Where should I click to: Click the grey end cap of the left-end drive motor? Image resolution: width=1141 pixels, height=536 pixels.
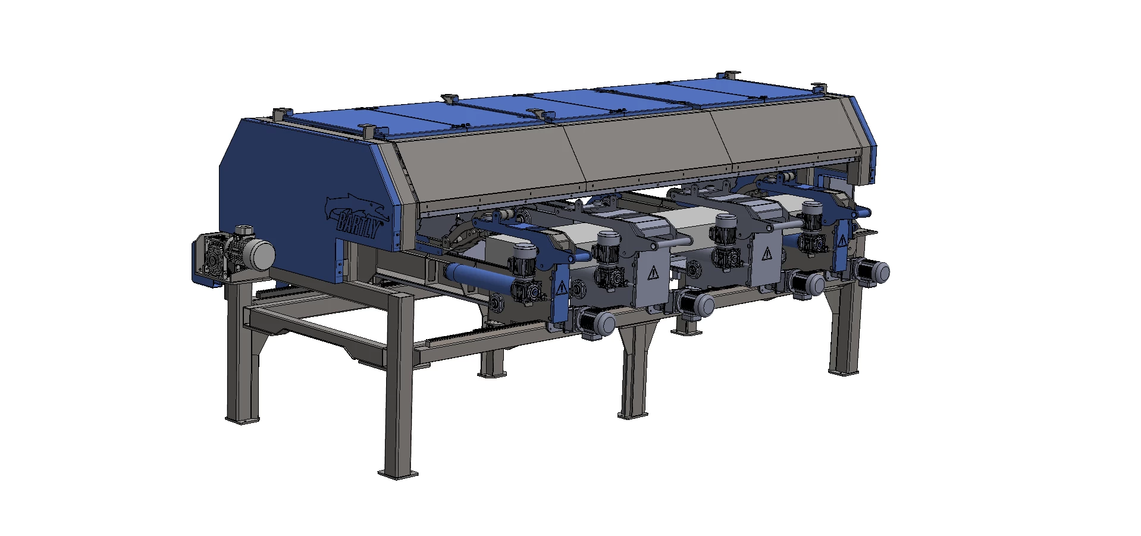point(260,254)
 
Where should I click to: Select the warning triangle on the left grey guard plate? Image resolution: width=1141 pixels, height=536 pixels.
point(654,272)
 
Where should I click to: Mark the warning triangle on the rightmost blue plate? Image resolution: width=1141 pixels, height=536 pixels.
point(842,240)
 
